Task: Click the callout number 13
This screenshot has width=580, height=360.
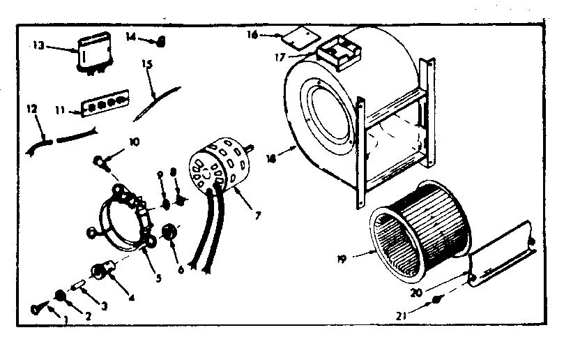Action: point(38,46)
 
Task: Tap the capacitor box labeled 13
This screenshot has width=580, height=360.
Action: point(89,52)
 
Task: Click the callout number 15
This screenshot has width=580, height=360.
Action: point(147,63)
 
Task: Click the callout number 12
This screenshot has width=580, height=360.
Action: point(31,110)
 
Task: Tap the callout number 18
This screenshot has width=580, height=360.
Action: point(270,158)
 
